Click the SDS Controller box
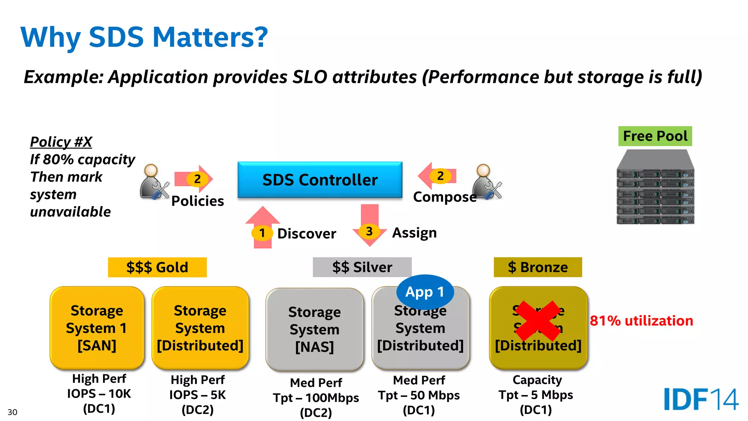[320, 180]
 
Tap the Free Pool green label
[655, 136]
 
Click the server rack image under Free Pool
[655, 187]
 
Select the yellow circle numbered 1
[262, 233]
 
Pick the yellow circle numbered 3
[369, 231]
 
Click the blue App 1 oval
[425, 292]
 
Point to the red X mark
[538, 321]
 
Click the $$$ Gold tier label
[157, 267]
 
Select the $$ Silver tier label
[362, 267]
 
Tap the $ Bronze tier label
[538, 267]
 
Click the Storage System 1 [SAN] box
[97, 328]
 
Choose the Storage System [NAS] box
[314, 329]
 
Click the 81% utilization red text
[641, 321]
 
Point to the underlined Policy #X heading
[61, 142]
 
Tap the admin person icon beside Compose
[486, 182]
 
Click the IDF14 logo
[701, 399]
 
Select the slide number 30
[12, 412]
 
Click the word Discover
[306, 234]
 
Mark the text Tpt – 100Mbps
[316, 398]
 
